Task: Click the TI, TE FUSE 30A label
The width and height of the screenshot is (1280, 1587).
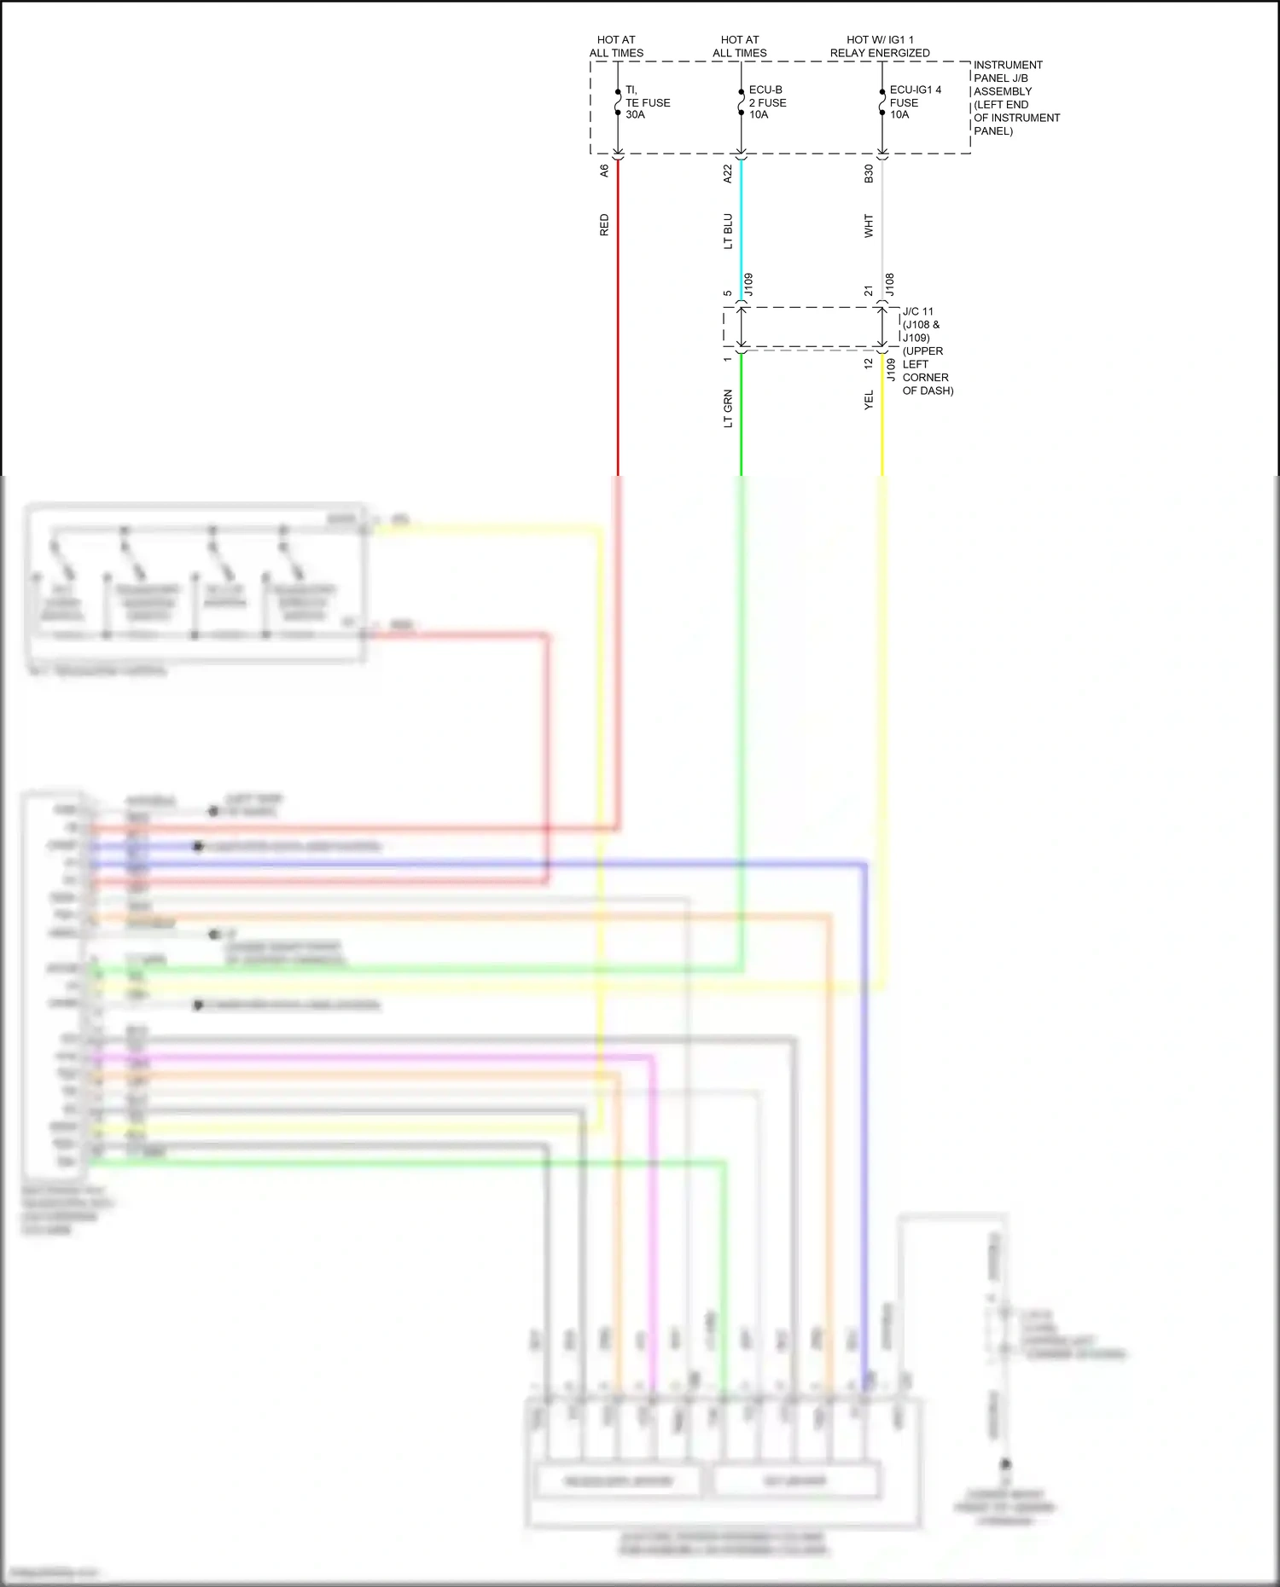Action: pyautogui.click(x=647, y=102)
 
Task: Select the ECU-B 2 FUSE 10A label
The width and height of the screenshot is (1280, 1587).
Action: pyautogui.click(x=767, y=102)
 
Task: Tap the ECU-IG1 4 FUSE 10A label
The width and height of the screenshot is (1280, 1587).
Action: pyautogui.click(x=915, y=102)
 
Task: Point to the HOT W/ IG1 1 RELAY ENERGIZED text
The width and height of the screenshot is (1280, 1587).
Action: pyautogui.click(x=880, y=46)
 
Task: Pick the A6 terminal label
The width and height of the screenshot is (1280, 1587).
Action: pyautogui.click(x=604, y=171)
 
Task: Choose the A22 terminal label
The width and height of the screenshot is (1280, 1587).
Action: pyautogui.click(x=728, y=173)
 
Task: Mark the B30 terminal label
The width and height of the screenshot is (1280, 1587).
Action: pyautogui.click(x=869, y=173)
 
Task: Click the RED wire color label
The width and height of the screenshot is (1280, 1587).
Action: pyautogui.click(x=604, y=225)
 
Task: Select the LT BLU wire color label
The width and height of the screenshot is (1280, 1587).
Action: pyautogui.click(x=728, y=231)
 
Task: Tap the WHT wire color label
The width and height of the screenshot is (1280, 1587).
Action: pyautogui.click(x=869, y=226)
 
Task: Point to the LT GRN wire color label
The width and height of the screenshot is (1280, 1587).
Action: pyautogui.click(x=728, y=408)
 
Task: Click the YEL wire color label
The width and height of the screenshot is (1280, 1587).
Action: pyautogui.click(x=869, y=400)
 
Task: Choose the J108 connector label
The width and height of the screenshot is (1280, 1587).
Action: pyautogui.click(x=889, y=284)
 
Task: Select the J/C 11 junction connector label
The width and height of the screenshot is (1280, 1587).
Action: pyautogui.click(x=918, y=311)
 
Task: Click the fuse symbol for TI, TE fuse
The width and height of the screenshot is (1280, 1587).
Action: pyautogui.click(x=618, y=102)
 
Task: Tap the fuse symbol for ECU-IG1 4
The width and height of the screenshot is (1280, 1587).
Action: pyautogui.click(x=882, y=102)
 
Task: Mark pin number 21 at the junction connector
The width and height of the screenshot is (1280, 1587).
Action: pyautogui.click(x=869, y=292)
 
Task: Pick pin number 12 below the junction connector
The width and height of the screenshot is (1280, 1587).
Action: pyautogui.click(x=869, y=363)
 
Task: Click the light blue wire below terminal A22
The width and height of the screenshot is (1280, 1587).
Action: pyautogui.click(x=741, y=230)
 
